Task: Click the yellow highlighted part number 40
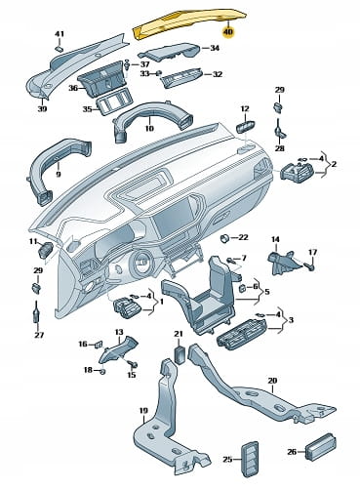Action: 228,32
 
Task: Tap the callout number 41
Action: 60,34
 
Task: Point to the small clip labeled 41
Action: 60,49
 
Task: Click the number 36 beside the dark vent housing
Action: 73,88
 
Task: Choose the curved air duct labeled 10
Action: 152,122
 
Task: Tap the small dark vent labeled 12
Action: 246,126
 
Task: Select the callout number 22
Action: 243,237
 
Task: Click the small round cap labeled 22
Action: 224,239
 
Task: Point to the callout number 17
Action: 312,252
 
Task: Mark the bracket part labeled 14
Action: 281,262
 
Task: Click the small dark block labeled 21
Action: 180,354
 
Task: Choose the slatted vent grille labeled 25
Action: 250,459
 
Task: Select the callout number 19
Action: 143,411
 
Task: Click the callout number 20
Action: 272,380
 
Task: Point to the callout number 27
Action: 39,335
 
